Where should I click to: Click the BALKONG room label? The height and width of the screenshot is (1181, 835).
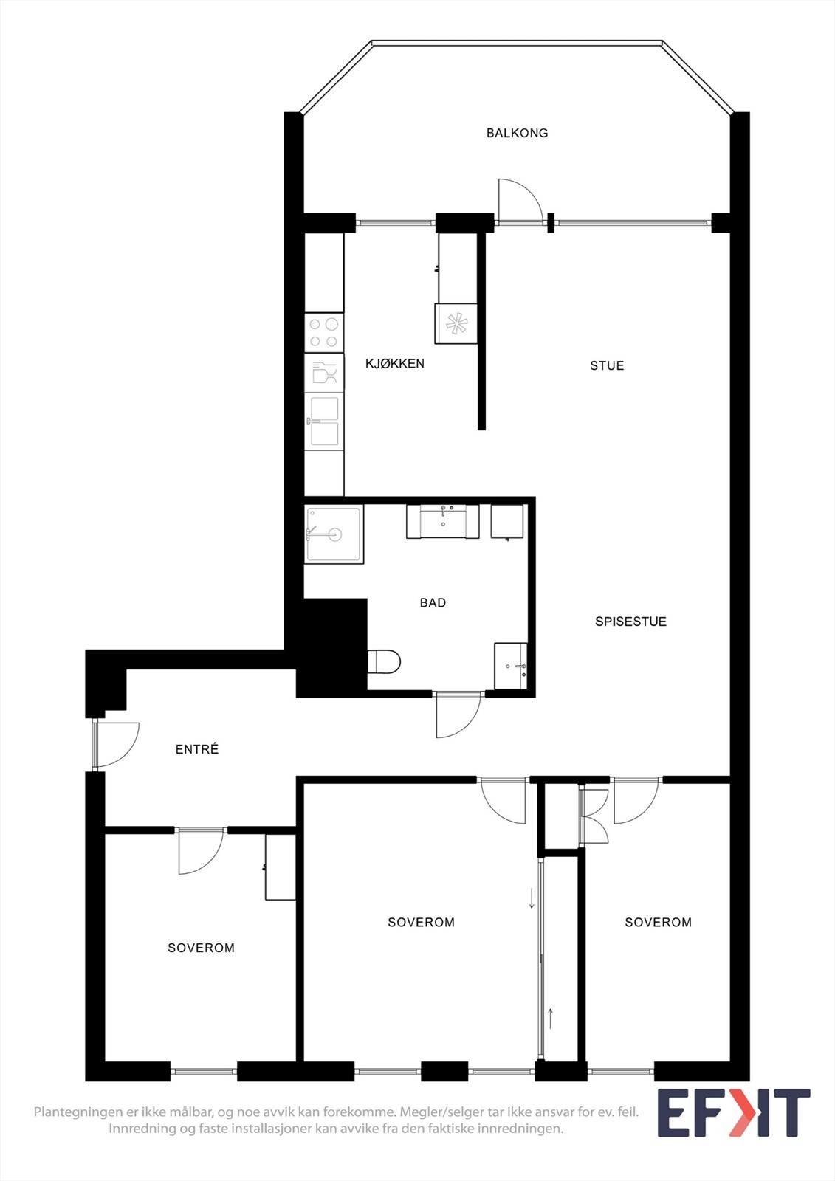[x=517, y=133]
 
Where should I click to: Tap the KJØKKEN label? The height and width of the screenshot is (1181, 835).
[x=395, y=363]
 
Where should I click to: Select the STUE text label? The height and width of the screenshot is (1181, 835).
[x=607, y=365]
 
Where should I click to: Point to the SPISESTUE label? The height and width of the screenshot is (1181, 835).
[x=630, y=622]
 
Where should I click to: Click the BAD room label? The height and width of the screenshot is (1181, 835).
[x=433, y=603]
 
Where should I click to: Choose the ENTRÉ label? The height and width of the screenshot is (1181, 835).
[x=197, y=749]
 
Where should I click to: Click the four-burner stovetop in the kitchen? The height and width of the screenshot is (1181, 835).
[x=323, y=332]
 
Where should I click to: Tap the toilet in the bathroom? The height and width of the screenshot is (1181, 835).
[x=384, y=661]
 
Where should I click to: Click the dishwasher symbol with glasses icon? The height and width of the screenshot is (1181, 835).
[x=323, y=372]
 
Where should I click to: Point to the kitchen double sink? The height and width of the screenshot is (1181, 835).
[x=324, y=421]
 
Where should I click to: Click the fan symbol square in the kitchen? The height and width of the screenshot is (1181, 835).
[x=456, y=323]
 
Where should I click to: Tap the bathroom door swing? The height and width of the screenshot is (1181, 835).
[x=458, y=715]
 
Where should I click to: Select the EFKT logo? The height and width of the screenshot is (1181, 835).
[x=733, y=1113]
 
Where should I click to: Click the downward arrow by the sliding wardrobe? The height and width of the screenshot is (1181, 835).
[x=531, y=899]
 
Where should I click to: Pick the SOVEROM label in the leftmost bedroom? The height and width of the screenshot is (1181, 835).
[x=201, y=948]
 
